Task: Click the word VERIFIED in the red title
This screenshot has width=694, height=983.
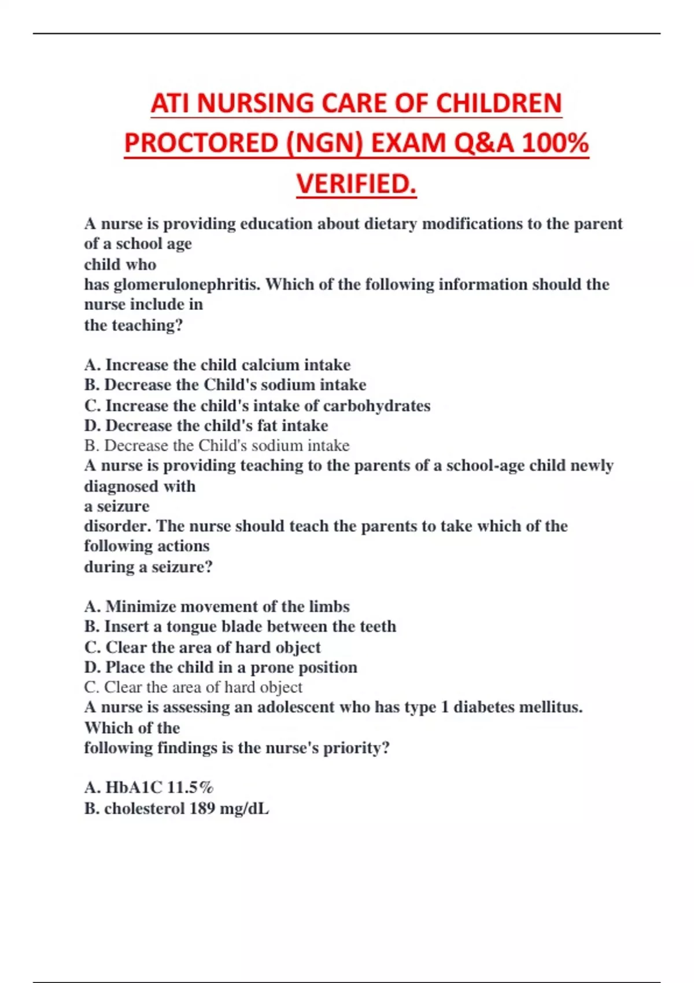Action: (x=355, y=184)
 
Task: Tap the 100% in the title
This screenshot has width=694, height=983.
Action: (x=555, y=143)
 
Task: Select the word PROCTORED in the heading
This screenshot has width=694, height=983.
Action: (x=202, y=143)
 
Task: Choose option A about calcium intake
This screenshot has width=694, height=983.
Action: (x=217, y=365)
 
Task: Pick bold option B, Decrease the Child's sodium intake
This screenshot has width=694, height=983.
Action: (x=225, y=385)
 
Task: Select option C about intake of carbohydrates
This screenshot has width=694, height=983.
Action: (x=257, y=405)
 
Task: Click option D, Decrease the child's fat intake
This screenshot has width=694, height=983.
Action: (x=206, y=426)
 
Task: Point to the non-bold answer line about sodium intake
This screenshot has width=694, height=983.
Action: (x=217, y=446)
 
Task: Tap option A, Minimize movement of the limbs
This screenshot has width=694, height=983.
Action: (x=217, y=607)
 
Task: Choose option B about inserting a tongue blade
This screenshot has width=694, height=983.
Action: (x=240, y=627)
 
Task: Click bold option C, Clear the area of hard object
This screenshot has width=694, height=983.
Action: (x=202, y=647)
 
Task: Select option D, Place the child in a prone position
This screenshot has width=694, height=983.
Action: (x=220, y=667)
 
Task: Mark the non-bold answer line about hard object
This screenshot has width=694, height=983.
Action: (x=193, y=688)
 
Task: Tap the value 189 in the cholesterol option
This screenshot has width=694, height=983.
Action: (x=202, y=808)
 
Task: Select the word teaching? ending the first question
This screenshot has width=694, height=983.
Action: (x=147, y=326)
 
